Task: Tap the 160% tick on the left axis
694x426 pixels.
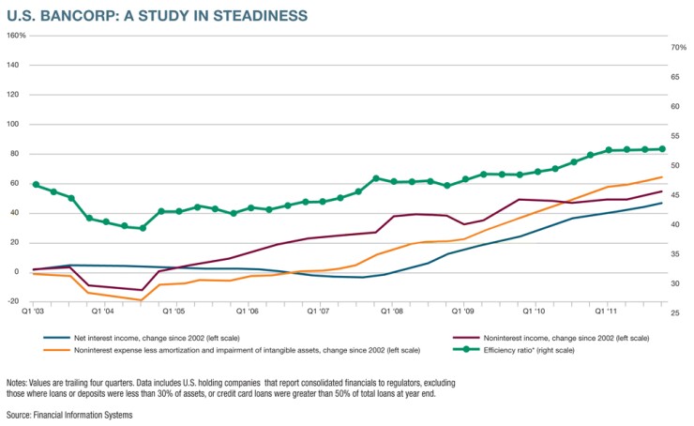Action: (x=16, y=36)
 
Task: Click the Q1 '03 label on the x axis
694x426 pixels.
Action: (x=34, y=309)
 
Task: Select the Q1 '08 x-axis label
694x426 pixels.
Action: (x=392, y=309)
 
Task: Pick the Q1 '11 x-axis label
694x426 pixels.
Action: (x=607, y=309)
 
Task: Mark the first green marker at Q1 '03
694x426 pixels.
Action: (x=36, y=185)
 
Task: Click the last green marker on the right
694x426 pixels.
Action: (x=662, y=148)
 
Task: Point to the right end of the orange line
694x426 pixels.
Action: (x=663, y=177)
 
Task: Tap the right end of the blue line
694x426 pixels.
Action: (x=663, y=203)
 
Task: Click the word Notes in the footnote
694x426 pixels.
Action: (x=17, y=383)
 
